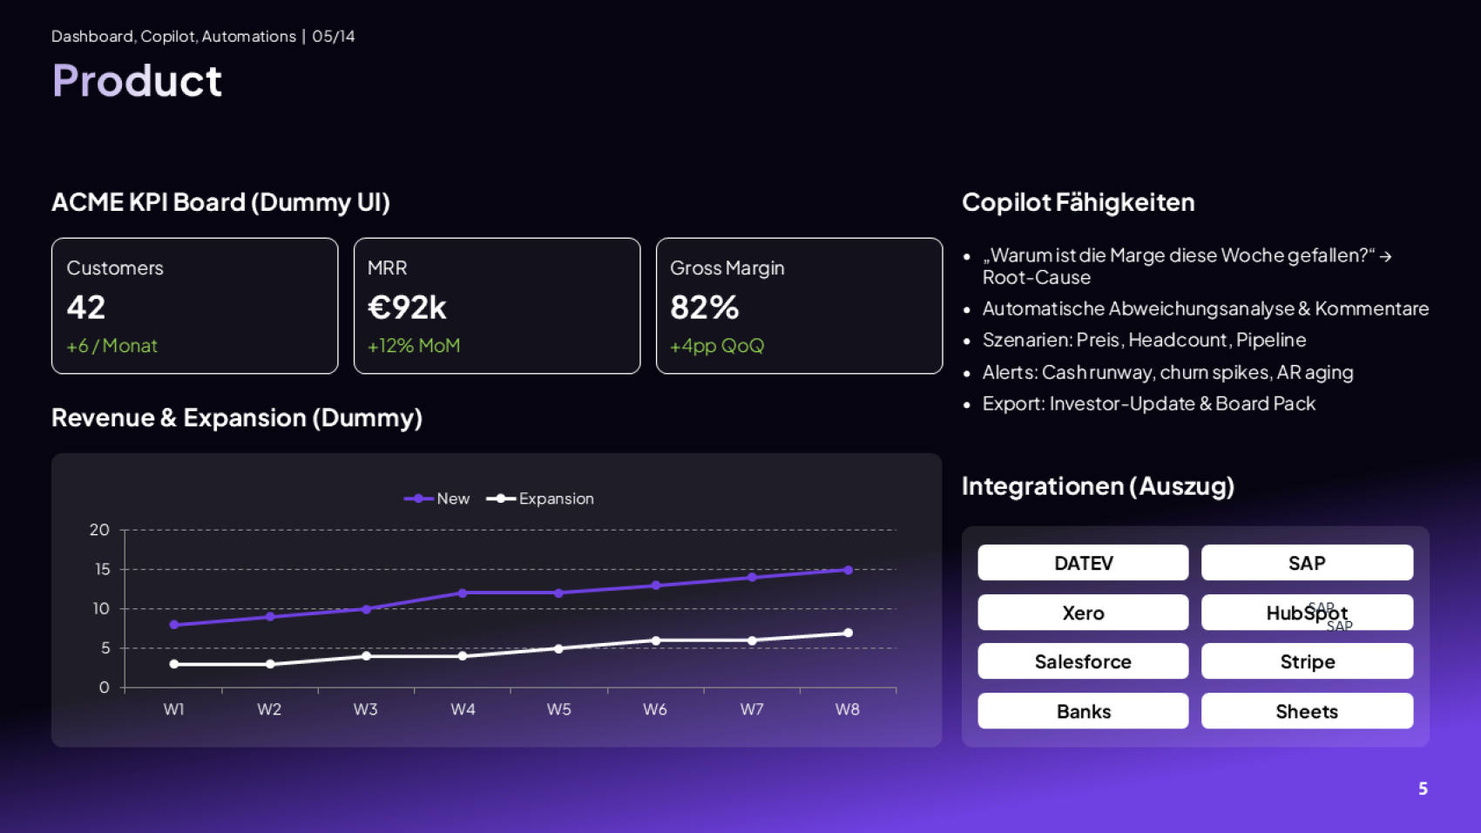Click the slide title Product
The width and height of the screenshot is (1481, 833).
pos(137,81)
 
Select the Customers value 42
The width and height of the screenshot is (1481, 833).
pos(86,308)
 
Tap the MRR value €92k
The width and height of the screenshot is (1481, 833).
pos(407,308)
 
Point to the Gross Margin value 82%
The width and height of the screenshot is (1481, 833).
pos(704,308)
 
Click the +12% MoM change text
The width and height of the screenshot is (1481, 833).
pos(414,346)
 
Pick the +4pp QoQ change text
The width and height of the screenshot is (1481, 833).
pos(716,346)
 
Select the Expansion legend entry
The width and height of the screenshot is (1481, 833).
pos(542,498)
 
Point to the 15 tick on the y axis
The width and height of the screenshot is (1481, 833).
pos(102,569)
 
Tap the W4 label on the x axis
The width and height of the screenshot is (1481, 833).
pos(463,709)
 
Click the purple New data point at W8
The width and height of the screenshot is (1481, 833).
pos(848,570)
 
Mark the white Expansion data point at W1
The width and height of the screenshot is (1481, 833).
pos(174,664)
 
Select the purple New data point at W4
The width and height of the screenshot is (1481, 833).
pos(463,593)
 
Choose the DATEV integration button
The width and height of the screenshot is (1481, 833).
pos(1083,563)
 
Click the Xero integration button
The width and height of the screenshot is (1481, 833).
pos(1083,613)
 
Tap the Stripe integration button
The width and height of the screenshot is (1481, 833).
pos(1307,661)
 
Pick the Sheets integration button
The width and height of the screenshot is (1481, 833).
pos(1307,711)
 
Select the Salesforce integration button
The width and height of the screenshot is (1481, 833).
pos(1083,661)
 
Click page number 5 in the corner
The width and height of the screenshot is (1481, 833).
pos(1423,789)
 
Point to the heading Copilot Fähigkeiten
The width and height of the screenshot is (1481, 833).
pos(1078,202)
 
